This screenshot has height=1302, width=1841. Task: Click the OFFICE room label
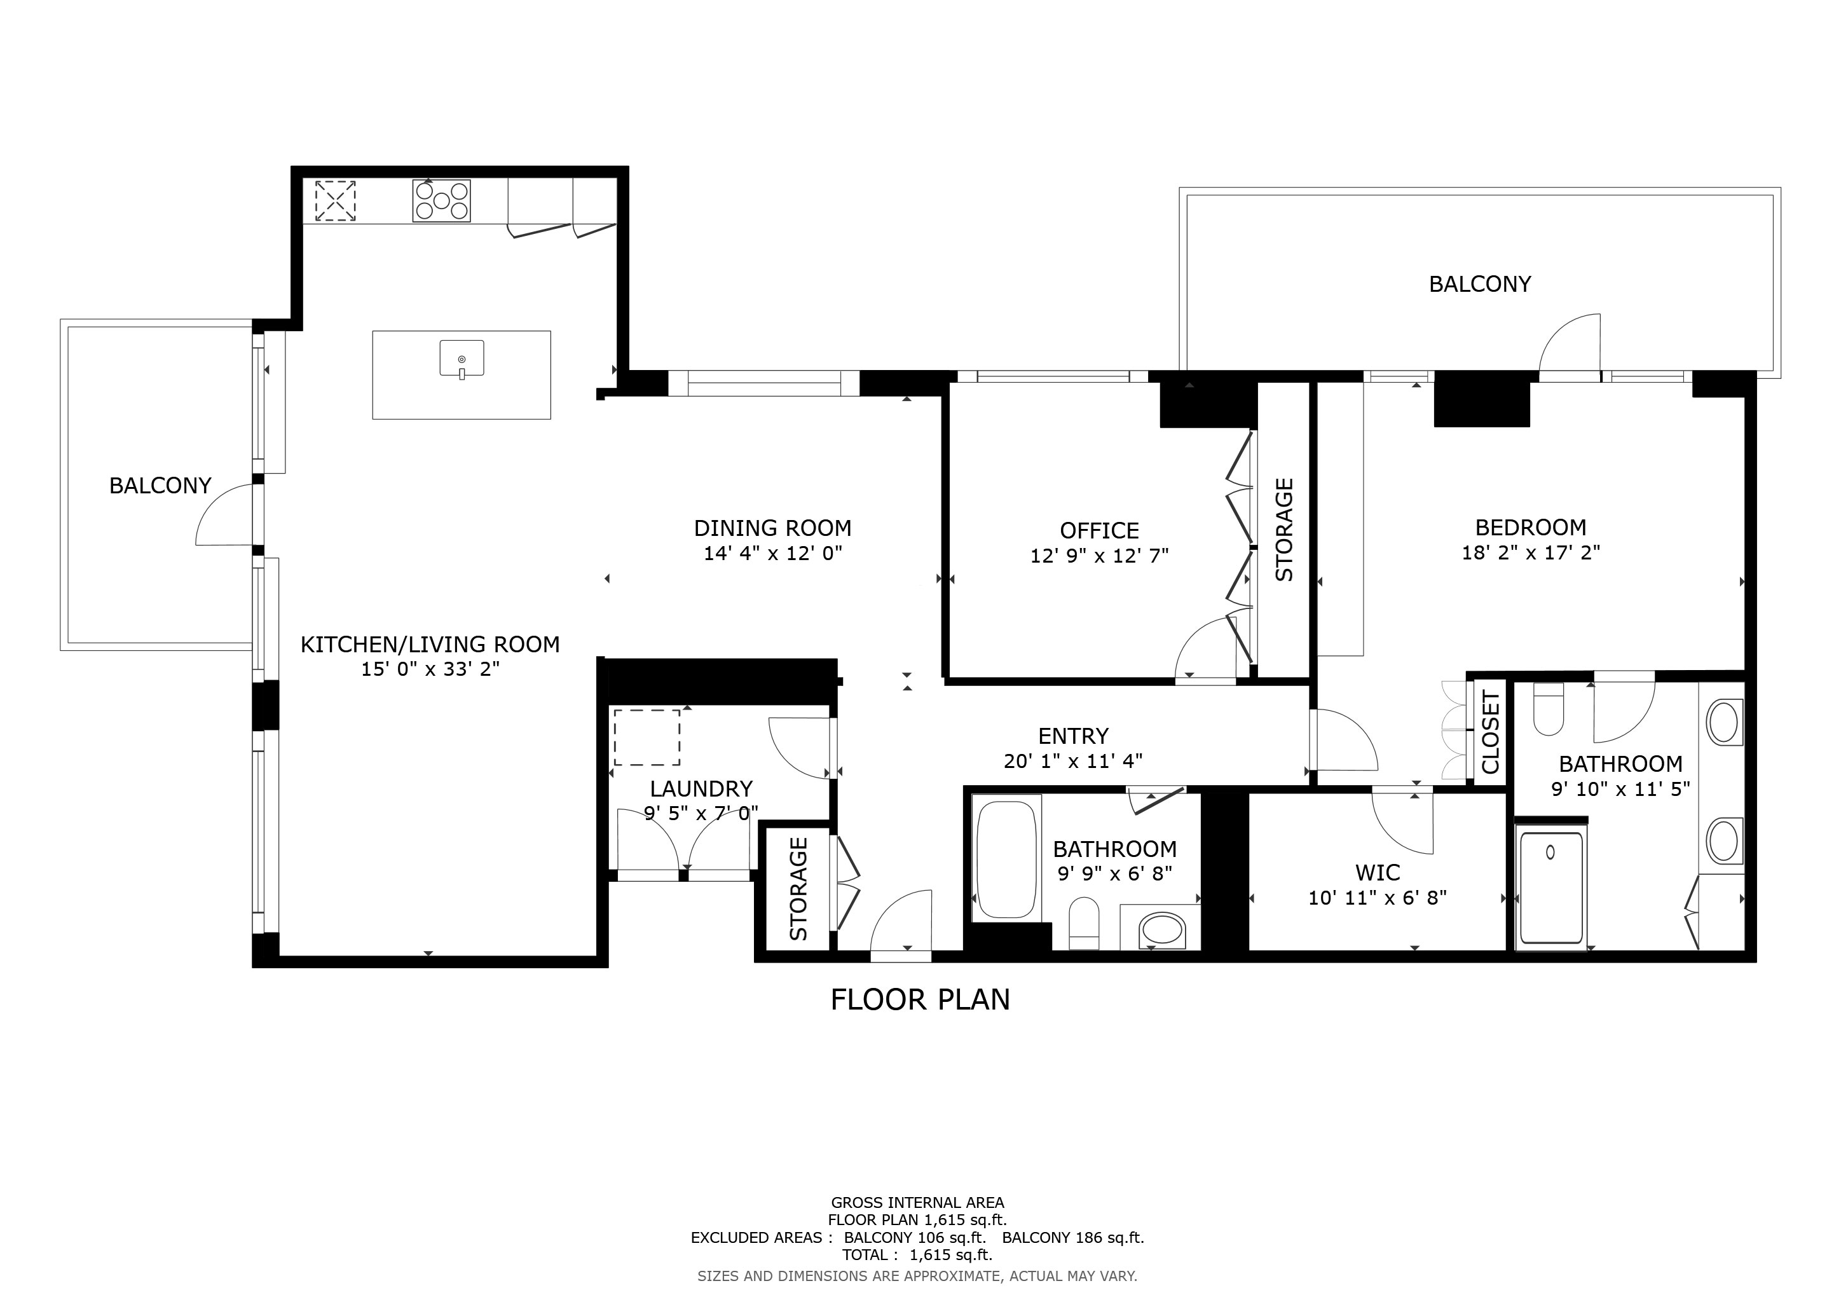point(1098,531)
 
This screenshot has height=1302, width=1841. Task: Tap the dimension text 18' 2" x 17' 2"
point(1530,552)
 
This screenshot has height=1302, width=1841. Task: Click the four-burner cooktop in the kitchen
point(441,200)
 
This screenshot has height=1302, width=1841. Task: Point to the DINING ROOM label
point(772,528)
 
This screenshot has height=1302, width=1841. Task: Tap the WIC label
point(1378,872)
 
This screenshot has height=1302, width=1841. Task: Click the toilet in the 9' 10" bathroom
point(1547,709)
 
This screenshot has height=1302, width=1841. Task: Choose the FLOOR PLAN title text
point(920,1000)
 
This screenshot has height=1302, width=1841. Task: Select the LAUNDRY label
point(701,789)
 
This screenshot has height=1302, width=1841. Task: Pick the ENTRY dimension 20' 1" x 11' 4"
point(1073,761)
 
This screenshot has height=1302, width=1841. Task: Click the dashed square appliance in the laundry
point(647,737)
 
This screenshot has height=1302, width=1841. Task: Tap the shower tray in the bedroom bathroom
point(1552,887)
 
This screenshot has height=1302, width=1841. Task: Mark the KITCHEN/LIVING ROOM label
point(430,645)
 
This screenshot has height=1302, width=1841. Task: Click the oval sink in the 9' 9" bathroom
point(1161,931)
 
